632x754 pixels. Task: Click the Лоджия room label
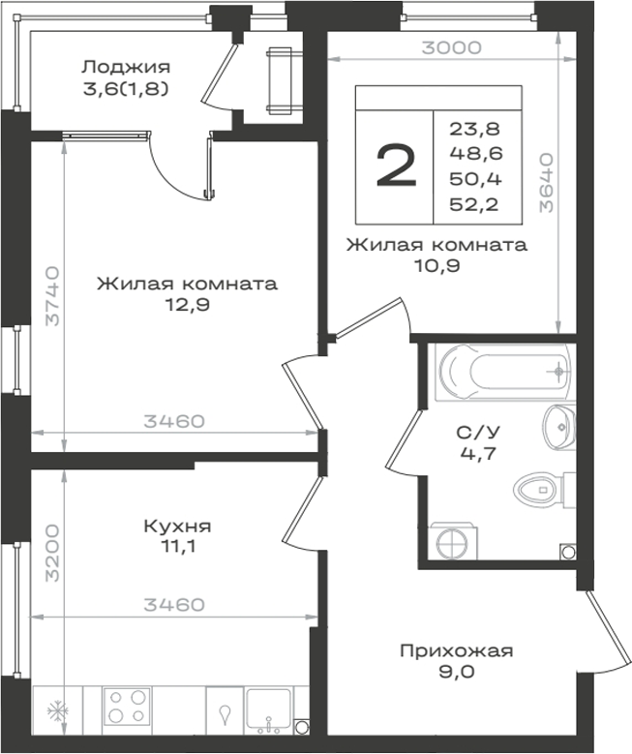click(x=126, y=67)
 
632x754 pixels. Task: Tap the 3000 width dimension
click(x=452, y=47)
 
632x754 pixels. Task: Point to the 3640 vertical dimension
click(x=547, y=183)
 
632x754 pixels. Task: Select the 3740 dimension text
click(x=52, y=296)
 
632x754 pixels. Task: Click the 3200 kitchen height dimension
click(x=52, y=553)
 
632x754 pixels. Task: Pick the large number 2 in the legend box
click(x=396, y=165)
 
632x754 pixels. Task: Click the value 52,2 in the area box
click(x=474, y=204)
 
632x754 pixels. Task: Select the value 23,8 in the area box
click(x=475, y=129)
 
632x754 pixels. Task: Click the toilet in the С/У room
click(x=544, y=490)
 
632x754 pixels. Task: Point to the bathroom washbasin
click(x=559, y=427)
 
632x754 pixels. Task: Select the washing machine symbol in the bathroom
click(x=454, y=541)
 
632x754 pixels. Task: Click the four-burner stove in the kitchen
click(x=128, y=706)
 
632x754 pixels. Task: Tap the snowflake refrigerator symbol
click(x=58, y=710)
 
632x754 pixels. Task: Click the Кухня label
click(x=177, y=527)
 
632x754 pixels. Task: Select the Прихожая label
click(x=457, y=650)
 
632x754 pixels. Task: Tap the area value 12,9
click(x=188, y=304)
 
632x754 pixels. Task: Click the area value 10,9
click(x=437, y=265)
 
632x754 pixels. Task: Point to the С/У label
click(x=477, y=433)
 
